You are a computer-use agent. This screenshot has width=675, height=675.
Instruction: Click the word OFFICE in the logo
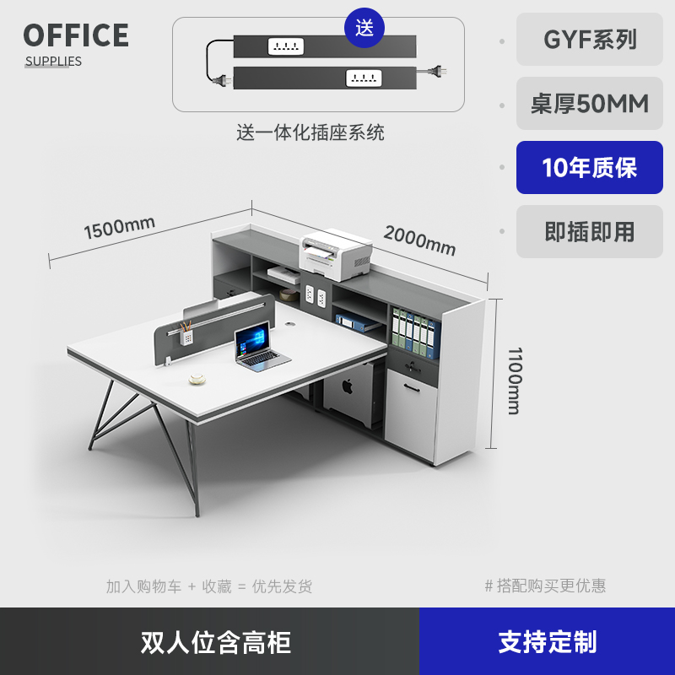[76, 35]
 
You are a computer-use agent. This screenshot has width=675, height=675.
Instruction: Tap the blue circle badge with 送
[364, 28]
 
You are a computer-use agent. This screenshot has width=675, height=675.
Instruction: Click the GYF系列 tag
[590, 40]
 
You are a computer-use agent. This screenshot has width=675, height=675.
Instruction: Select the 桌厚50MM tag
[590, 104]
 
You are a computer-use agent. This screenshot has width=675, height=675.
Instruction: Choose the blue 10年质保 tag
[590, 168]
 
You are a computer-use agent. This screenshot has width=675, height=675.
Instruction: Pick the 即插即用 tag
[590, 232]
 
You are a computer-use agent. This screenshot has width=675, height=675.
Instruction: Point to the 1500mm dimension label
[119, 227]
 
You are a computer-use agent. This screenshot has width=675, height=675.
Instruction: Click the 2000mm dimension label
[419, 240]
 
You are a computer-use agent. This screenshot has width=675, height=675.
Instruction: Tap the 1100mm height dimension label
[513, 381]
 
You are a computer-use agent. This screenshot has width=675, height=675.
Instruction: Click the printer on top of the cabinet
[336, 256]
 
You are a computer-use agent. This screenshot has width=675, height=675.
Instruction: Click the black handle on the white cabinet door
[412, 388]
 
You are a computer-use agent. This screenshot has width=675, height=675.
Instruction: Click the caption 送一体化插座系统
[310, 132]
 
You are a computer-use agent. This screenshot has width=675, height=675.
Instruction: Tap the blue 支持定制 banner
[547, 642]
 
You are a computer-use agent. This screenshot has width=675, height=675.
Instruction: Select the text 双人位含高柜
[216, 642]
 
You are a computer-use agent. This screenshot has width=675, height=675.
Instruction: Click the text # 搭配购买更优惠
[545, 586]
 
